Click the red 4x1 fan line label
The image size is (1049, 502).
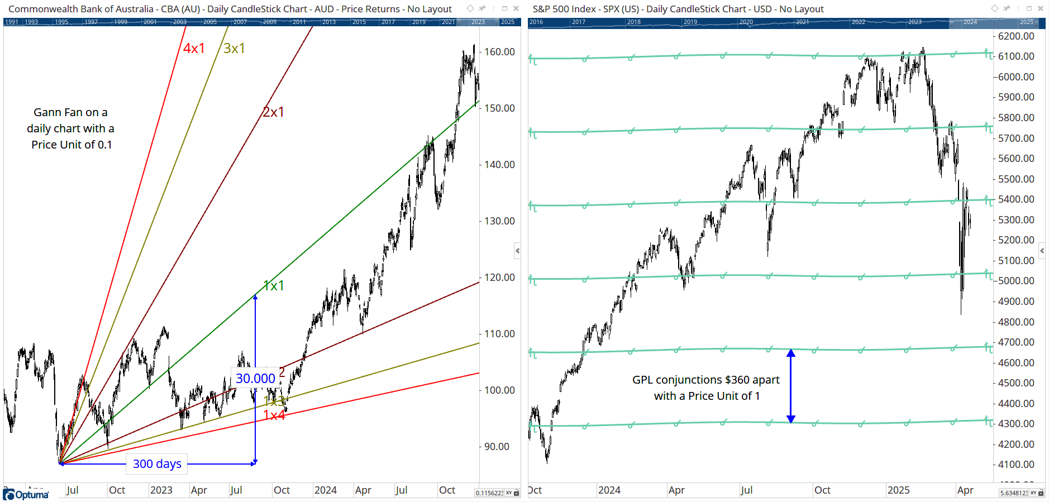point(194,49)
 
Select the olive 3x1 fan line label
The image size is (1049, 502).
point(234,49)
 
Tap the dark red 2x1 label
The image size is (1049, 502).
point(273,112)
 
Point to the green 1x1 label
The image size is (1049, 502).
point(274,286)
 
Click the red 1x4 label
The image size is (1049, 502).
point(274,415)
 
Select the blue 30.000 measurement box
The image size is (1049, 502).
point(255,379)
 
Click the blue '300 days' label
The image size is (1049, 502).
point(157,464)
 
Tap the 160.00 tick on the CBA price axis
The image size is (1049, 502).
point(499,52)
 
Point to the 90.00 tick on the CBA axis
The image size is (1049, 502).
point(497,447)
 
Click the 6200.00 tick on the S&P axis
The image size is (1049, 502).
point(1016,36)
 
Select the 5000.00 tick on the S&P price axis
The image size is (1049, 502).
point(1016,281)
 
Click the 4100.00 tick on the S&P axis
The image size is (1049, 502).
point(1016,465)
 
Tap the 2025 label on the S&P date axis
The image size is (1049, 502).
point(898,490)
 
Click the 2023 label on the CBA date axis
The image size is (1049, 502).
point(161,490)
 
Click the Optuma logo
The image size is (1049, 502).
point(26,495)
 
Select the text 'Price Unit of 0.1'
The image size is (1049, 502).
point(71,145)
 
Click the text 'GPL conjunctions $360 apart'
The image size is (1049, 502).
point(705,380)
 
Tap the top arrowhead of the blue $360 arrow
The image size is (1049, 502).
point(791,353)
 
